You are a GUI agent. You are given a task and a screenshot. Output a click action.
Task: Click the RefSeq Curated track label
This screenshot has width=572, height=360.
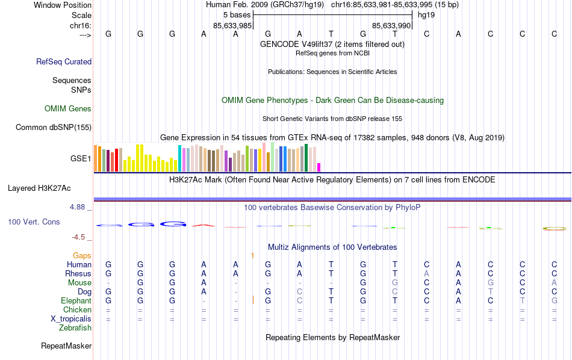[64, 61]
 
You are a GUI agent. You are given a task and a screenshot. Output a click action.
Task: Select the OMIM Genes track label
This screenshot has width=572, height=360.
[68, 109]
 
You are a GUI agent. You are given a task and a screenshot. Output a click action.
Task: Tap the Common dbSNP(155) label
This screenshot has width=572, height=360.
[54, 127]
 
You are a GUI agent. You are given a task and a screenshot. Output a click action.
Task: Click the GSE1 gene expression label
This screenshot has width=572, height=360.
[81, 159]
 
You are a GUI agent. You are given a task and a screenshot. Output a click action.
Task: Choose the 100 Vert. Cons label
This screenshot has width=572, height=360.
[34, 222]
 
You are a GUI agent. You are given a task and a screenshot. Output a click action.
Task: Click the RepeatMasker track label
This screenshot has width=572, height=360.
[66, 346]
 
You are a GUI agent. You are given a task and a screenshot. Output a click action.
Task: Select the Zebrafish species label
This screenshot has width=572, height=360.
[75, 328]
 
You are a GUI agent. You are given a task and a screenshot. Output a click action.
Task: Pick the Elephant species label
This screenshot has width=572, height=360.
[76, 301]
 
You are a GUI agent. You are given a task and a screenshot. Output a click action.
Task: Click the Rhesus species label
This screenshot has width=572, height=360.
[78, 274]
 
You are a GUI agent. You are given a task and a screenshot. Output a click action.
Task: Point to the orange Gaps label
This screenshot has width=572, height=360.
[82, 256]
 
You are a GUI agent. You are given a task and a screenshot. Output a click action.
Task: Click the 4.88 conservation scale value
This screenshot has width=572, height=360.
[78, 207]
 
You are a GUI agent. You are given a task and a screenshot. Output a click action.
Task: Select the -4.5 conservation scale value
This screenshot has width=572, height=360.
[79, 237]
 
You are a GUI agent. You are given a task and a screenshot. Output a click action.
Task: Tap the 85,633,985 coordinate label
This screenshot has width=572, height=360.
[232, 26]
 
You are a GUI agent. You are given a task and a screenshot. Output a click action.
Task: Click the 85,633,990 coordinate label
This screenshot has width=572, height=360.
[391, 26]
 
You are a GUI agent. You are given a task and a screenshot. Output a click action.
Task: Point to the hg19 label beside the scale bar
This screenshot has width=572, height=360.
[426, 14]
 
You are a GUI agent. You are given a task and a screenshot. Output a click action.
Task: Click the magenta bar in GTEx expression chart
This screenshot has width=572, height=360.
[319, 167]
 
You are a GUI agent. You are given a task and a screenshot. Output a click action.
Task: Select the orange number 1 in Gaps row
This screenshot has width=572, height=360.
[252, 256]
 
